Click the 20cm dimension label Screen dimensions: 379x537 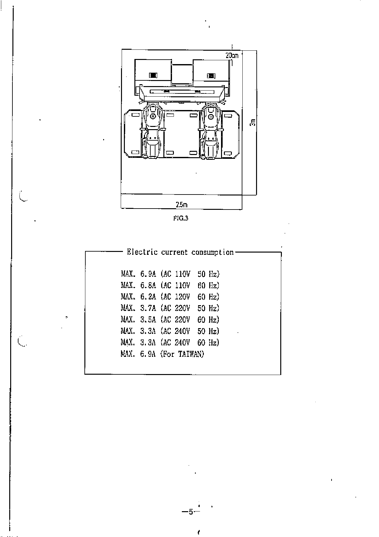232,55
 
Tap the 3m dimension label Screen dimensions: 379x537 253,122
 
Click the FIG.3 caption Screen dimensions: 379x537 181,218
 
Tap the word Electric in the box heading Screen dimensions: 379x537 142,252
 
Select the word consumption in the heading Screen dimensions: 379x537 212,252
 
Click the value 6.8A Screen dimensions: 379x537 148,285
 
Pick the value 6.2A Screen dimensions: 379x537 148,297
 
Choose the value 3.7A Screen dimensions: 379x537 148,308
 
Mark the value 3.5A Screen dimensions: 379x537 148,320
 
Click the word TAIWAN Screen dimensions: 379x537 191,354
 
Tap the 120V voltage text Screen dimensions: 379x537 182,297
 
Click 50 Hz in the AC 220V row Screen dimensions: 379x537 208,308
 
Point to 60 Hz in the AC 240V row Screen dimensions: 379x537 208,343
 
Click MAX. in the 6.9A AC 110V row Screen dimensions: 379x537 129,274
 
